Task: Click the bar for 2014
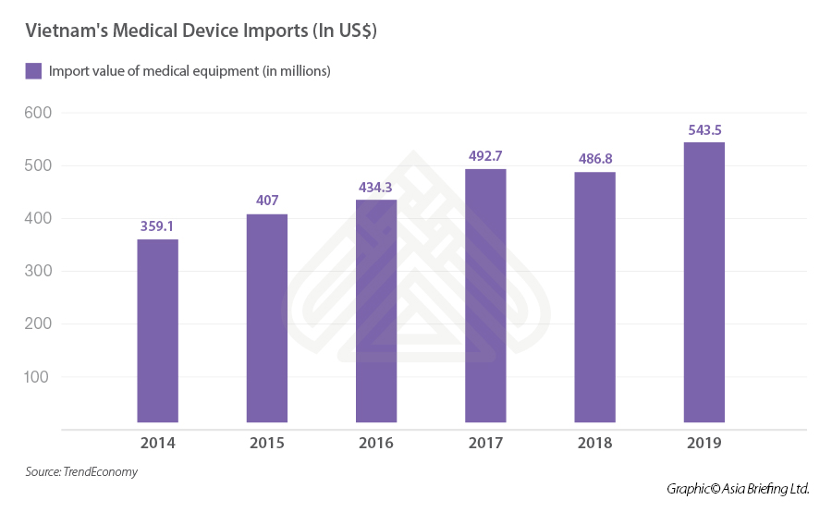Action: pyautogui.click(x=157, y=331)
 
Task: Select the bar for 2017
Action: pyautogui.click(x=485, y=296)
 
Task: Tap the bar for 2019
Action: pyautogui.click(x=704, y=282)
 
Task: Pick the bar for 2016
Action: pyautogui.click(x=376, y=311)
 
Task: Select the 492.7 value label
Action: pyautogui.click(x=485, y=153)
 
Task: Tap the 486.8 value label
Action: pyautogui.click(x=594, y=157)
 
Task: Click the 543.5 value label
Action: pyautogui.click(x=704, y=128)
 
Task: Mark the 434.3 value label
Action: pyautogui.click(x=376, y=185)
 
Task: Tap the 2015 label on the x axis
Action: pyautogui.click(x=267, y=443)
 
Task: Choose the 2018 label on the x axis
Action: pyautogui.click(x=594, y=443)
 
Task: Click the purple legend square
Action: pyautogui.click(x=33, y=70)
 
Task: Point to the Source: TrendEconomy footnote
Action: pyautogui.click(x=81, y=472)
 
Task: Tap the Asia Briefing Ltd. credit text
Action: pyautogui.click(x=765, y=488)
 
